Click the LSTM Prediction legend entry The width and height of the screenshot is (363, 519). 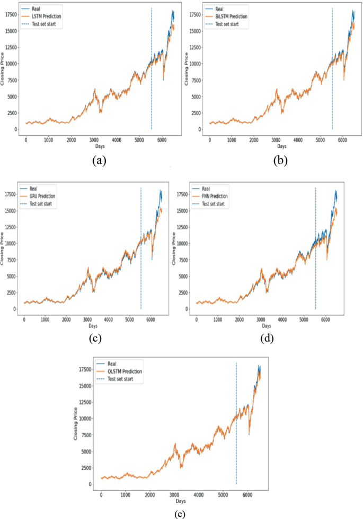[x=47, y=17]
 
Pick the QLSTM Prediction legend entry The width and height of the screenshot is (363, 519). [x=124, y=372]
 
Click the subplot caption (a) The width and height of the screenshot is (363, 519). [x=98, y=160]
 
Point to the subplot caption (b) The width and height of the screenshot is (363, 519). [x=280, y=160]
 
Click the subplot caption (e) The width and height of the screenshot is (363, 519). [x=179, y=513]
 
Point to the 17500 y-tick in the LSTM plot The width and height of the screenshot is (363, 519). [x=11, y=14]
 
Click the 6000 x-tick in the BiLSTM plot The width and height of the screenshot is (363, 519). [x=342, y=140]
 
